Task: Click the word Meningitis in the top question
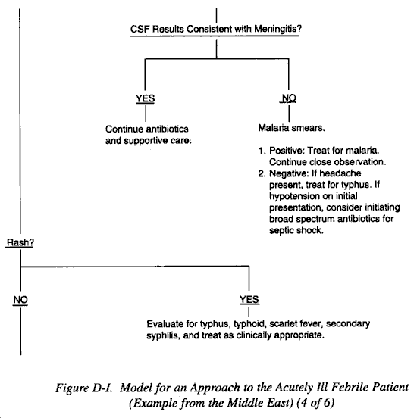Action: click(x=277, y=29)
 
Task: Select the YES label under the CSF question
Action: click(x=146, y=98)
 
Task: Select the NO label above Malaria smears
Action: click(x=289, y=98)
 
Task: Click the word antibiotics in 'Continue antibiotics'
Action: click(x=167, y=129)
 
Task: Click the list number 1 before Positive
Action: click(x=262, y=151)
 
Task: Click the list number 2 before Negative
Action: click(x=262, y=173)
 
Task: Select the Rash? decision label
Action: click(x=20, y=242)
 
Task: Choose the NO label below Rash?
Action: click(x=20, y=300)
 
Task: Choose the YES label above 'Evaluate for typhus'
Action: click(x=249, y=299)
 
